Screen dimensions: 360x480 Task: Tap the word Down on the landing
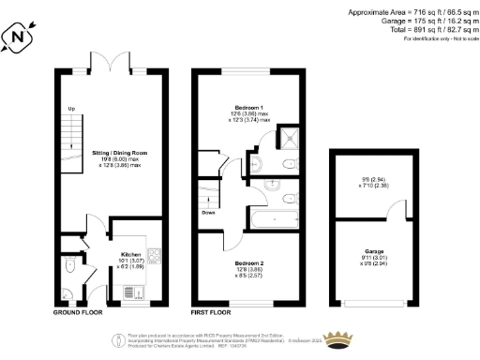[209, 212]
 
